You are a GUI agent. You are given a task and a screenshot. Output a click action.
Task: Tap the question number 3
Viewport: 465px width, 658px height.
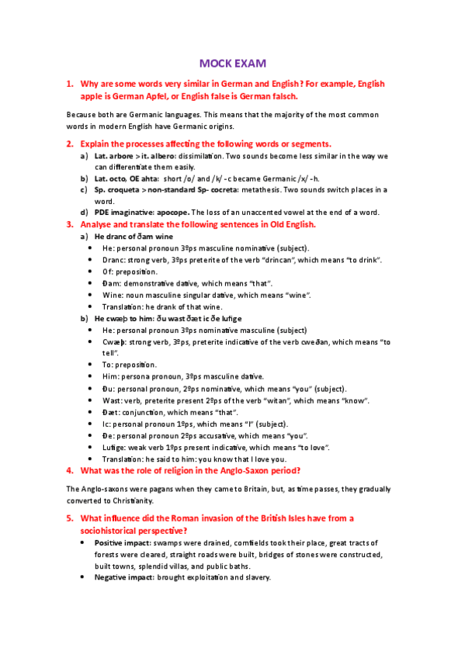[69, 224]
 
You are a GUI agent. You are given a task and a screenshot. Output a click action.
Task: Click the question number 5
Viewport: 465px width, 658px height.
[69, 518]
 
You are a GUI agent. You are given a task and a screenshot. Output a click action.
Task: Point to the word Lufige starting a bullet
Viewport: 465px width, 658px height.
[116, 447]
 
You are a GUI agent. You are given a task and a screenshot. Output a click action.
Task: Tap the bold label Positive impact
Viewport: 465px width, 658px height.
[127, 543]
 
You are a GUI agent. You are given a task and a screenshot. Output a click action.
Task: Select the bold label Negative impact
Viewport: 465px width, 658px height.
[129, 578]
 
